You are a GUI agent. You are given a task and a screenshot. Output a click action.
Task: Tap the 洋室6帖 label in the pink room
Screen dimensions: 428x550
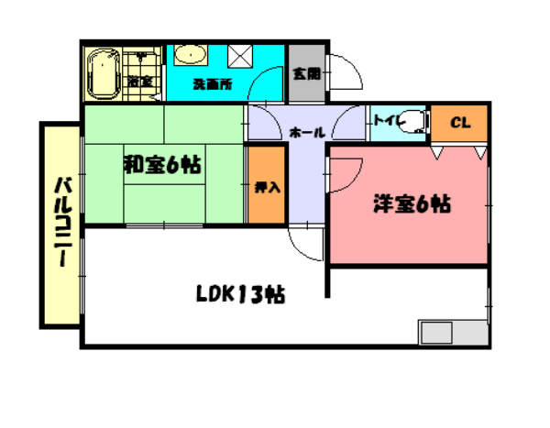pos(411,203)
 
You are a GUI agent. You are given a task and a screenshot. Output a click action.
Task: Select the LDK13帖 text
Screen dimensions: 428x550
pos(240,294)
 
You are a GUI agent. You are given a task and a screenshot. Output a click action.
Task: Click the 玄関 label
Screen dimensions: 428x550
pos(305,74)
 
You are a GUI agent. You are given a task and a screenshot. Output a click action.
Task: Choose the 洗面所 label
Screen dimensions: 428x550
pos(212,84)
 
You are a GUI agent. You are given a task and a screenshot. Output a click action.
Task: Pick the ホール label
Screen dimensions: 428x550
pos(306,133)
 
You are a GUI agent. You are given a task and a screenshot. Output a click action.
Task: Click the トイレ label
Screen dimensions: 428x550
pos(385,119)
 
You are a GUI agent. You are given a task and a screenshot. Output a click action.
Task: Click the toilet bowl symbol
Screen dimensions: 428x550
pos(414,120)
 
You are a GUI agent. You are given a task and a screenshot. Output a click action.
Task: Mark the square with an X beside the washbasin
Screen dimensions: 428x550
pos(241,57)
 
